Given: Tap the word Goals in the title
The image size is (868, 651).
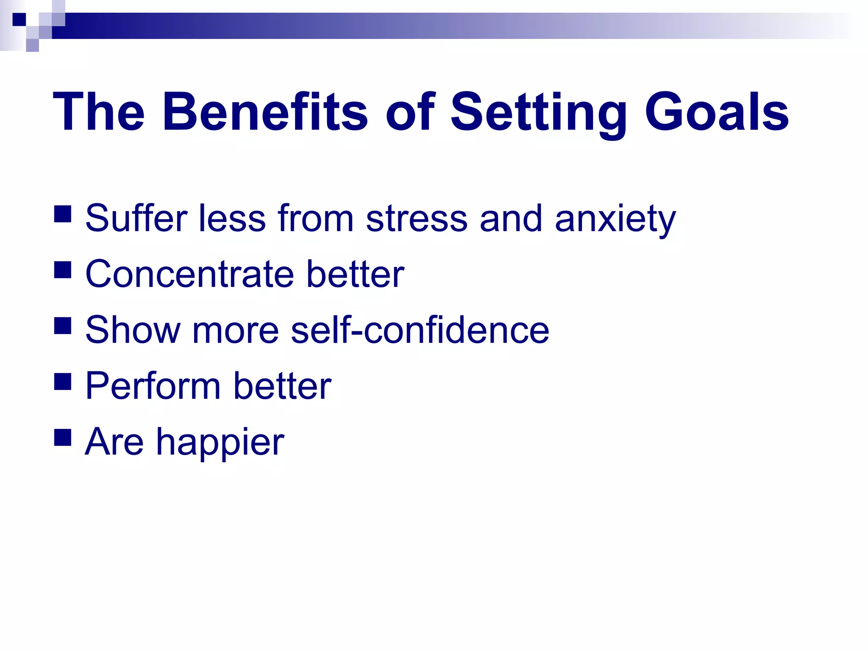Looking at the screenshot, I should pyautogui.click(x=716, y=112).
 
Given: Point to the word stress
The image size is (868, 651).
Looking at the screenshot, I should pyautogui.click(x=417, y=219).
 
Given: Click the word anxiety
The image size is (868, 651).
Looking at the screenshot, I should pyautogui.click(x=615, y=220).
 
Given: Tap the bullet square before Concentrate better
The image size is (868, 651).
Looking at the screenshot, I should pyautogui.click(x=63, y=270).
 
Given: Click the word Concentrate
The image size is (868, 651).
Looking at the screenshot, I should pyautogui.click(x=189, y=275).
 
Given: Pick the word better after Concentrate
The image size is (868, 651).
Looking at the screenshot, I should pyautogui.click(x=355, y=274).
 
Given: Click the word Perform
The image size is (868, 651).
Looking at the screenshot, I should pyautogui.click(x=153, y=386).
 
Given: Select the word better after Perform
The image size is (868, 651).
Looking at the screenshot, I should pyautogui.click(x=282, y=386).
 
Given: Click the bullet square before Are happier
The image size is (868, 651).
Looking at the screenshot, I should pyautogui.click(x=63, y=437).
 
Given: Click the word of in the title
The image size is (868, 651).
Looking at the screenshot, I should pyautogui.click(x=410, y=112).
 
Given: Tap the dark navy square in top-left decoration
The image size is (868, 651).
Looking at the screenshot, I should pyautogui.click(x=19, y=19).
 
